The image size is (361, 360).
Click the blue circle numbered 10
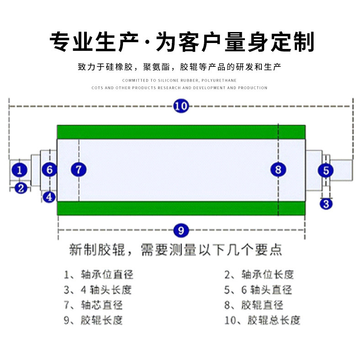pyautogui.click(x=181, y=107)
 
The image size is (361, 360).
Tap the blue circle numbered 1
pyautogui.click(x=19, y=170)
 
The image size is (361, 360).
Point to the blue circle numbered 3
pyautogui.click(x=325, y=203)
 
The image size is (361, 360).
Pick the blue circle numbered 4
pyautogui.click(x=49, y=197)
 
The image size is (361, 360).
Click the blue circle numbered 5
pyautogui.click(x=326, y=171)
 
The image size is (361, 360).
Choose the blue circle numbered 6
pyautogui.click(x=49, y=170)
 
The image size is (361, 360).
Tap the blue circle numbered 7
pyautogui.click(x=79, y=170)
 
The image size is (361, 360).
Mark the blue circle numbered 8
pyautogui.click(x=278, y=170)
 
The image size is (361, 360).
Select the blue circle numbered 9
pyautogui.click(x=181, y=230)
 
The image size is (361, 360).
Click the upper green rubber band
pyautogui.click(x=181, y=132)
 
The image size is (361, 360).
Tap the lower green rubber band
pyautogui.click(x=181, y=208)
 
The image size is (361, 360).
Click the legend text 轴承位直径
pyautogui.click(x=107, y=275)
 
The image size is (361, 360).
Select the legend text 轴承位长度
pyautogui.click(x=267, y=275)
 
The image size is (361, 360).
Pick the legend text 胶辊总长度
pyautogui.click(x=274, y=320)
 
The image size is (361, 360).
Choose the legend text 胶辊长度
pyautogui.click(x=101, y=320)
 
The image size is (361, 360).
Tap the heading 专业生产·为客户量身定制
pyautogui.click(x=181, y=42)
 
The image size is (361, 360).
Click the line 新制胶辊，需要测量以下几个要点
pyautogui.click(x=175, y=250)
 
